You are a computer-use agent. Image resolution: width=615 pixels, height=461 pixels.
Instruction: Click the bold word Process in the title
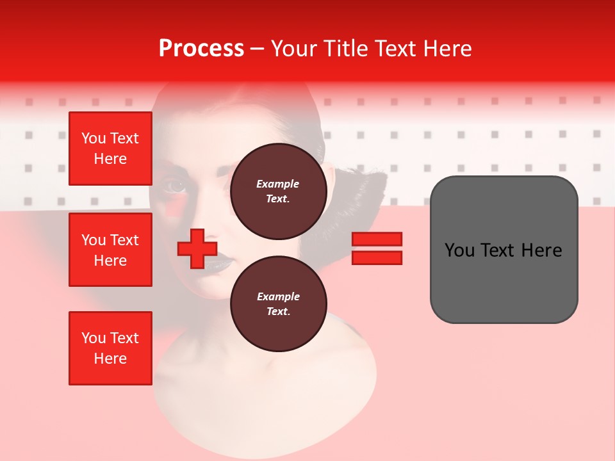click(201, 49)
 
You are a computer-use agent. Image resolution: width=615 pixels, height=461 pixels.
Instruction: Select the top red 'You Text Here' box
click(110, 149)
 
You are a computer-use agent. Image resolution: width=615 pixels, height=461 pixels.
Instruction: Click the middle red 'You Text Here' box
click(110, 250)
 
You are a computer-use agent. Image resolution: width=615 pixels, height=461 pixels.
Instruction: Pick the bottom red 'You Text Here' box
click(110, 348)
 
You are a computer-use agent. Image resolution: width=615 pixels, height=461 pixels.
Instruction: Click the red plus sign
click(197, 248)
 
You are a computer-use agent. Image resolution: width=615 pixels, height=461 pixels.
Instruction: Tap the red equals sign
click(377, 248)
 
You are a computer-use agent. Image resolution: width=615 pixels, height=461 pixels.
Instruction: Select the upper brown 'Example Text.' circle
click(278, 191)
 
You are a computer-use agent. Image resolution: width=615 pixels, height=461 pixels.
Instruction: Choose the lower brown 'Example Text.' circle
click(278, 304)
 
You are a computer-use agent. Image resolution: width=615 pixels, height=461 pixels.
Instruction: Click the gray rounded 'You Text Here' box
click(504, 250)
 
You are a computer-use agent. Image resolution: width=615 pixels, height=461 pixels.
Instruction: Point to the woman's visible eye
click(175, 186)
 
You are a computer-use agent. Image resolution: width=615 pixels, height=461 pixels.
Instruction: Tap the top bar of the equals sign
click(377, 239)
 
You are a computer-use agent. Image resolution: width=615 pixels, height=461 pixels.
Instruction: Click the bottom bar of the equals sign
click(377, 258)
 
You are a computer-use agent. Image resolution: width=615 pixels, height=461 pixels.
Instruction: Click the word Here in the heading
click(448, 49)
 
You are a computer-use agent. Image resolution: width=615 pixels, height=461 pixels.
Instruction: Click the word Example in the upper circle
click(278, 184)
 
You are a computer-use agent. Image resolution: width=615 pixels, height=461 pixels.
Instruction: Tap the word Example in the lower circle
click(278, 296)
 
